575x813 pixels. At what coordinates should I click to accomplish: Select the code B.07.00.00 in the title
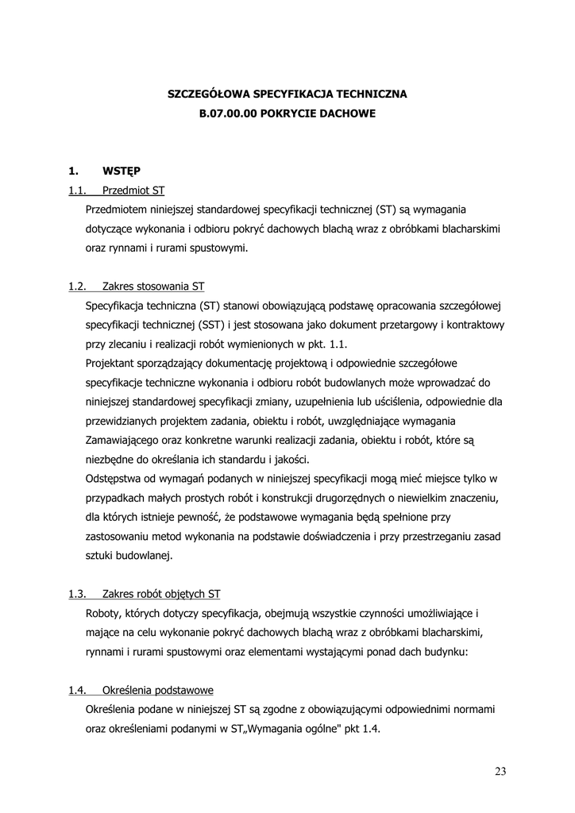coord(229,114)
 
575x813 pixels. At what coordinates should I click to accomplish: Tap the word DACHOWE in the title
coord(345,114)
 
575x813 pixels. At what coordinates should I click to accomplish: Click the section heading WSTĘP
coord(122,170)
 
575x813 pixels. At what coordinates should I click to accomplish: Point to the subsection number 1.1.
coord(77,191)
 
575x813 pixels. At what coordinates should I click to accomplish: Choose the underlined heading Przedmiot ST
coord(133,191)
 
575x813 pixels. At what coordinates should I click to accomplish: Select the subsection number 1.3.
coord(77,593)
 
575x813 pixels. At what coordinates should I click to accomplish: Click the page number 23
coord(500,772)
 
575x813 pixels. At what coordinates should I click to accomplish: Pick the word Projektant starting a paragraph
coord(113,363)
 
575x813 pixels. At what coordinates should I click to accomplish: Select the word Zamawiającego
coord(125,440)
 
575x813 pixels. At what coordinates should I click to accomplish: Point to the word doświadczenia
coord(334,536)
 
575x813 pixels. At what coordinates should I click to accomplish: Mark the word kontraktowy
coord(475,325)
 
